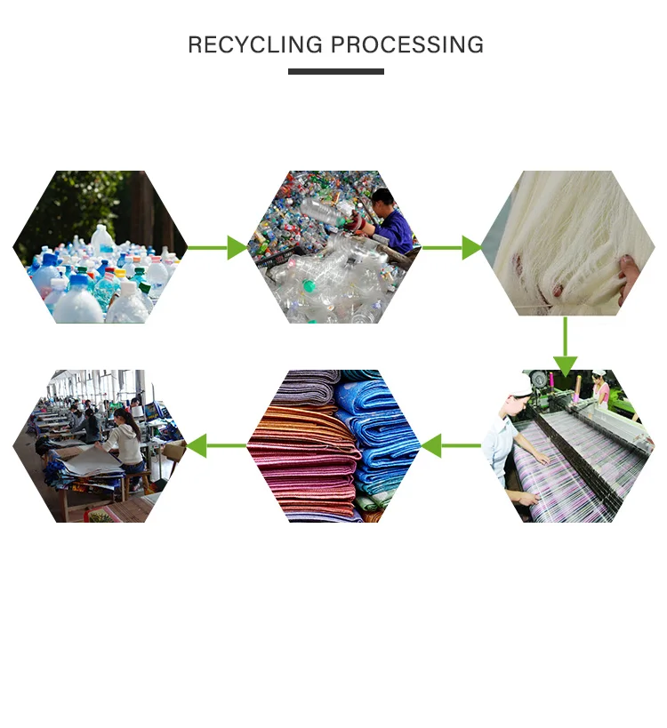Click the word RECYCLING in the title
pos(255,45)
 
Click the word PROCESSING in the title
pos(407,45)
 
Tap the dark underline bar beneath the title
pos(336,71)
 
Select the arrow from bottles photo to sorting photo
pos(217,247)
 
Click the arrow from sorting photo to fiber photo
pos(452,247)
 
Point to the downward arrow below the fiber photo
pos(566,347)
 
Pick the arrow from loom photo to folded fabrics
pos(451,445)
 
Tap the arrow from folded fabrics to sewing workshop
pos(216,445)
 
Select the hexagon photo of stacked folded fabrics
pos(333,445)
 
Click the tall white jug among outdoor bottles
pos(102,239)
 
